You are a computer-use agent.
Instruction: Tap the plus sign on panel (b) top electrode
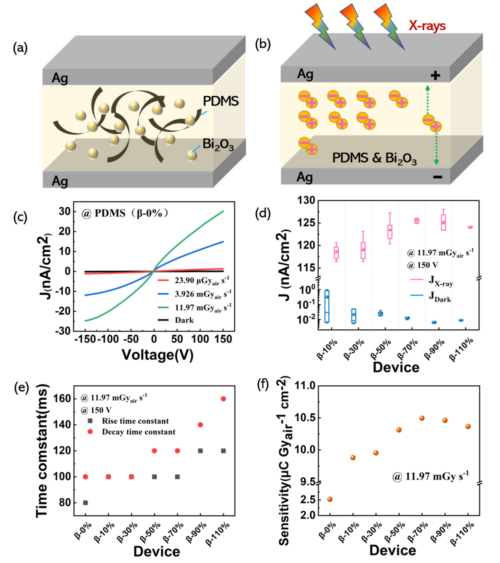pyautogui.click(x=435, y=75)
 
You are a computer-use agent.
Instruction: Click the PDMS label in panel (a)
pyautogui.click(x=221, y=101)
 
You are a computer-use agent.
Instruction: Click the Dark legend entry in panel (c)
pyautogui.click(x=184, y=320)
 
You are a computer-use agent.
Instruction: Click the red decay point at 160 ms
pyautogui.click(x=223, y=399)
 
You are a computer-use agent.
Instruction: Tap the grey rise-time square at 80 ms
pyautogui.click(x=85, y=503)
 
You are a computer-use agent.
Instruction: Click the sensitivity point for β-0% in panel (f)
pyautogui.click(x=330, y=499)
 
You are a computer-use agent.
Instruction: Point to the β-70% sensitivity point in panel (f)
pyautogui.click(x=422, y=418)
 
